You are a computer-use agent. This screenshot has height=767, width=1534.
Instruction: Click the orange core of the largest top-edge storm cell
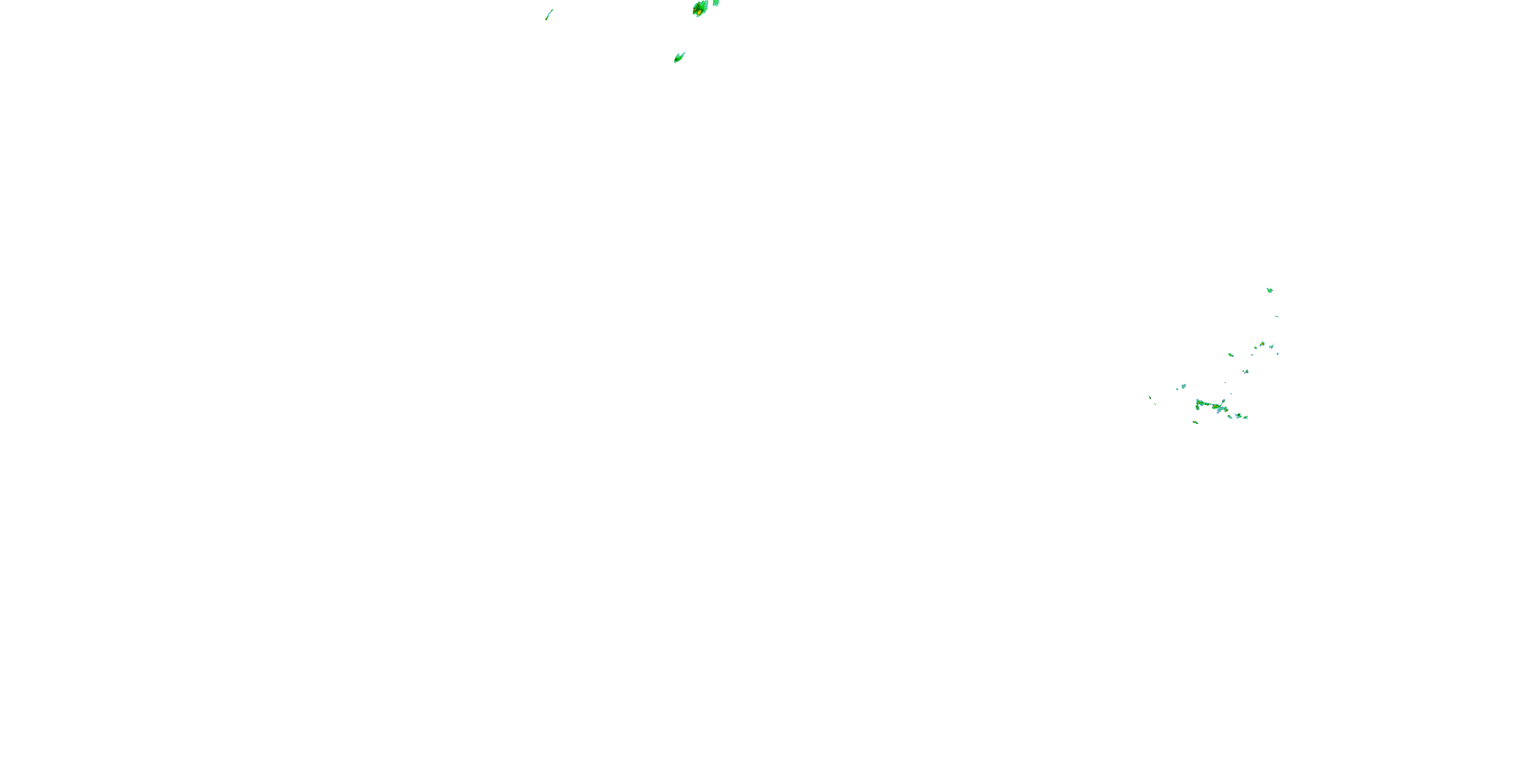(x=698, y=11)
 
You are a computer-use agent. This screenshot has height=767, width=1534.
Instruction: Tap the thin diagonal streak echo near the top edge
(x=549, y=15)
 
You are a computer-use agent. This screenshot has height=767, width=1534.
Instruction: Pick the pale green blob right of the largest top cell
(x=716, y=3)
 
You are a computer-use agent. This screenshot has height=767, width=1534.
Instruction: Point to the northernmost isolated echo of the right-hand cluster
(x=1270, y=290)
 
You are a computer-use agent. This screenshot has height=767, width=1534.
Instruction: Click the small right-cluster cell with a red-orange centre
(x=1262, y=344)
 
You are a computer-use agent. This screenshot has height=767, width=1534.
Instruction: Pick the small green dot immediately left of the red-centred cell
(x=1256, y=348)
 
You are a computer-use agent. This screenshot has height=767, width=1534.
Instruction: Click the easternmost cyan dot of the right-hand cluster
(x=1278, y=354)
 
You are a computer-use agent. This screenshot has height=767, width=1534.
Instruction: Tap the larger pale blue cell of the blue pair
(x=1184, y=387)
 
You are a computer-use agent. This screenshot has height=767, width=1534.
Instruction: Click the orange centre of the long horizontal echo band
(x=1216, y=406)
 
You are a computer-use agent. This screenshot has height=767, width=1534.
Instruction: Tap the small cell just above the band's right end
(x=1224, y=401)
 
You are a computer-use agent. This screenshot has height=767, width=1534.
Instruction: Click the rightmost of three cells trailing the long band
(x=1246, y=417)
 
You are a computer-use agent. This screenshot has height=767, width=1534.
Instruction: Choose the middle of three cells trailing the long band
(x=1238, y=416)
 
